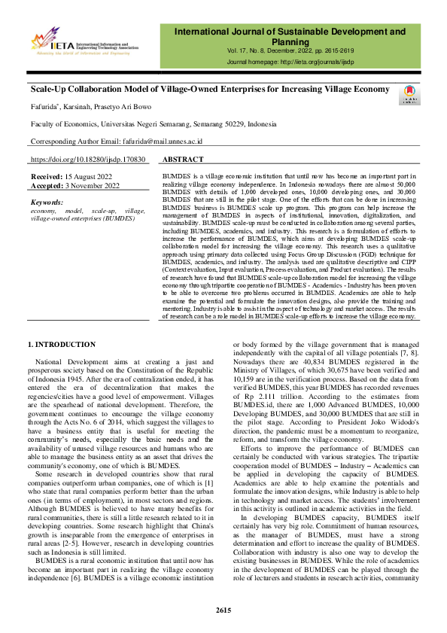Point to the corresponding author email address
[155, 141]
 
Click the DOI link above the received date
[87, 160]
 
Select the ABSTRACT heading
[183, 160]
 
